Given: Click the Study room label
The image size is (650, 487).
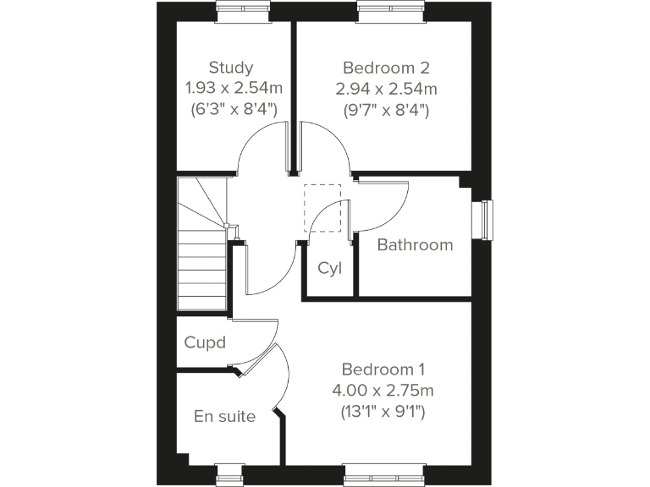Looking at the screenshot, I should click(x=231, y=68).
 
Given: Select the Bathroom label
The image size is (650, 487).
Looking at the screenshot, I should click(x=415, y=245).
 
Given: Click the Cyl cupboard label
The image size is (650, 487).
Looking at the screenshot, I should click(x=329, y=268).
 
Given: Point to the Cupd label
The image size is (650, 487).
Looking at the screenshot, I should click(x=205, y=342).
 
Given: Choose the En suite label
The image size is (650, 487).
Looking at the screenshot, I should click(x=224, y=416).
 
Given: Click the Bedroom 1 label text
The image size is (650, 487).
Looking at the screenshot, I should click(x=383, y=369).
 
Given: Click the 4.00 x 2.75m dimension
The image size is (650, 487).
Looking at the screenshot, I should click(x=383, y=391).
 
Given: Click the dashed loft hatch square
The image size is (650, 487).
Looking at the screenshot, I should click(x=322, y=206).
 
